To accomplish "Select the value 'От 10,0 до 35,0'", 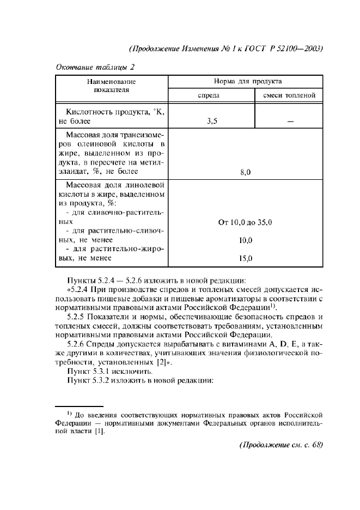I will (x=245, y=222).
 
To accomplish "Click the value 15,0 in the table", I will (x=245, y=258).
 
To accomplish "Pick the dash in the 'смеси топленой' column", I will (x=290, y=122).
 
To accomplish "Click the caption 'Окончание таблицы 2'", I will (x=95, y=67).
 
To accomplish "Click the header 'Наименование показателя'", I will (x=111, y=86).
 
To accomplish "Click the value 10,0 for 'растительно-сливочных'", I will (x=245, y=240).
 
